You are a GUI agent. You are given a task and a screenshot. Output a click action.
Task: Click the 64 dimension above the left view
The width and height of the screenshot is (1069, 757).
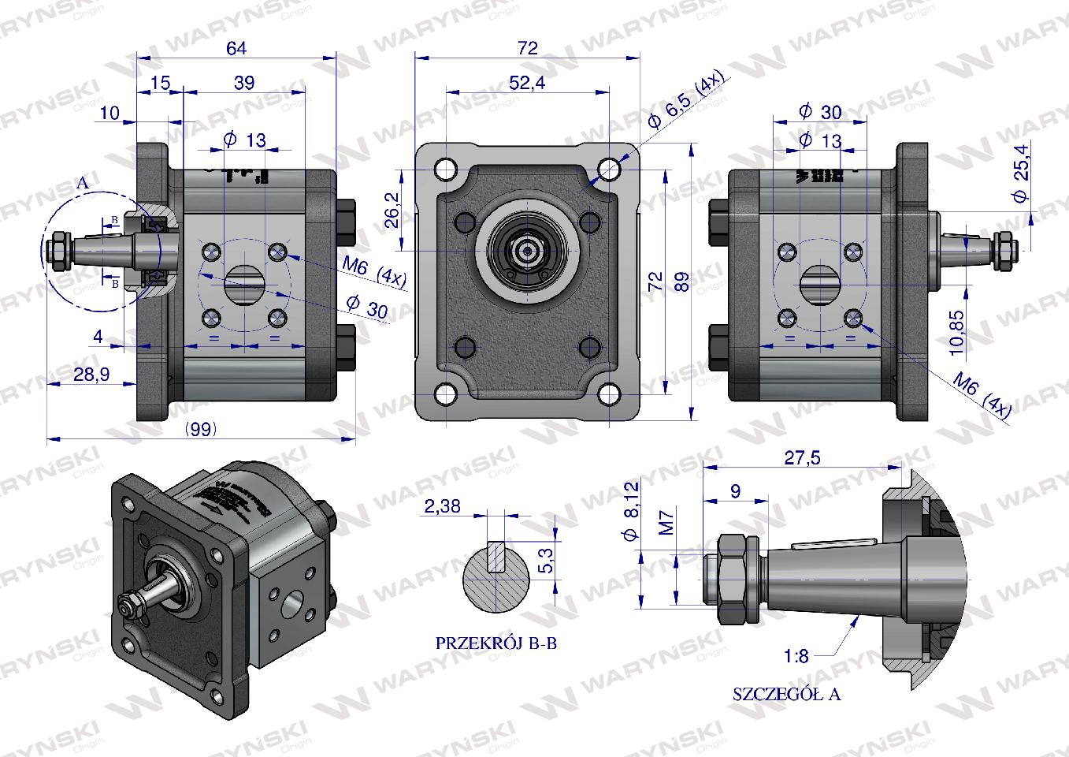[x=236, y=49]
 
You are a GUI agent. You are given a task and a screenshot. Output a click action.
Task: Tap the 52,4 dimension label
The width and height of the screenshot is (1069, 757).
[x=527, y=83]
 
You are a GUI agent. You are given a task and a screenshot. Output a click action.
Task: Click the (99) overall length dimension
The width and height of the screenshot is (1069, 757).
[x=201, y=429]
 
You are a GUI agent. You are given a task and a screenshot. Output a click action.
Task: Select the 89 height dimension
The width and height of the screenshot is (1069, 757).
[x=682, y=281]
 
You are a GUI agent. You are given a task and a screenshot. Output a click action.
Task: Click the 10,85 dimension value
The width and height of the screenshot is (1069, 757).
[x=956, y=330]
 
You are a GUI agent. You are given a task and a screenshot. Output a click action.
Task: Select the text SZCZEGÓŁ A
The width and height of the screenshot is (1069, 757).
[x=786, y=695]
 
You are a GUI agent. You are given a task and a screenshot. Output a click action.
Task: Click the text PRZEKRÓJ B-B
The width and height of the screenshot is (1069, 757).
[x=496, y=643]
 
